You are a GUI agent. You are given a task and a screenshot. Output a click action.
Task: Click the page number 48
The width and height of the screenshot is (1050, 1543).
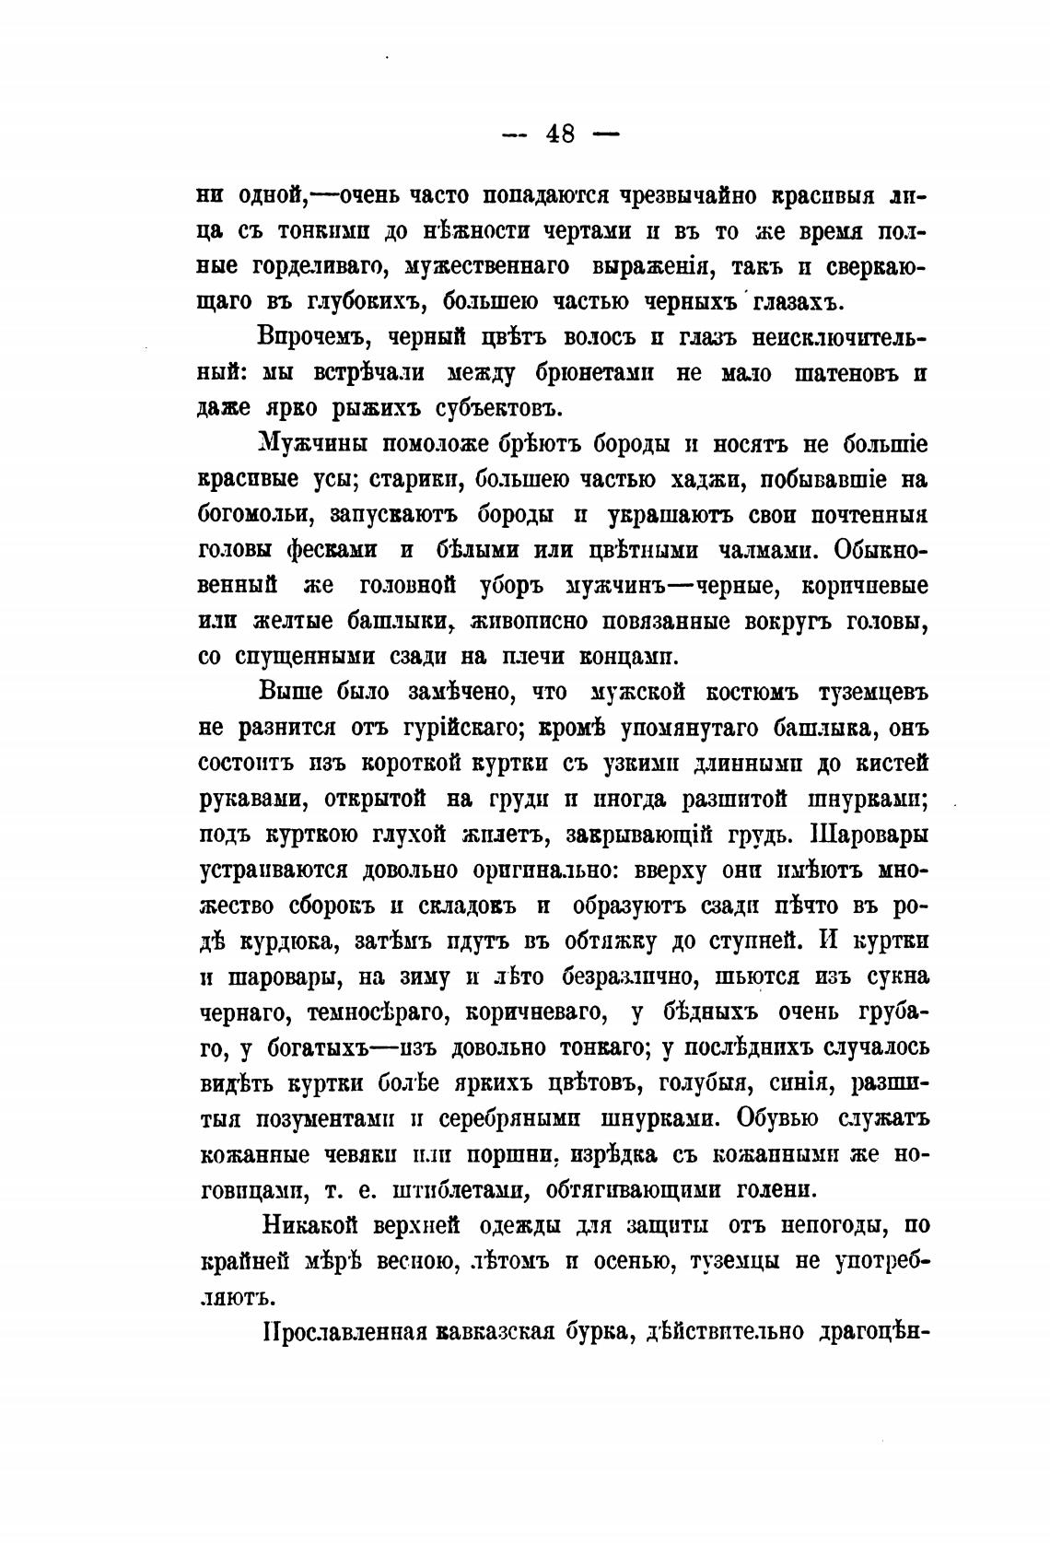pyautogui.click(x=560, y=134)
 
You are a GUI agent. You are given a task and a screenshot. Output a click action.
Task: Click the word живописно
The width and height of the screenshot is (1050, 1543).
pyautogui.click(x=526, y=621)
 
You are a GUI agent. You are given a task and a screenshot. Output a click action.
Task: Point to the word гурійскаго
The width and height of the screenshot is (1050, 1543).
pyautogui.click(x=436, y=728)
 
